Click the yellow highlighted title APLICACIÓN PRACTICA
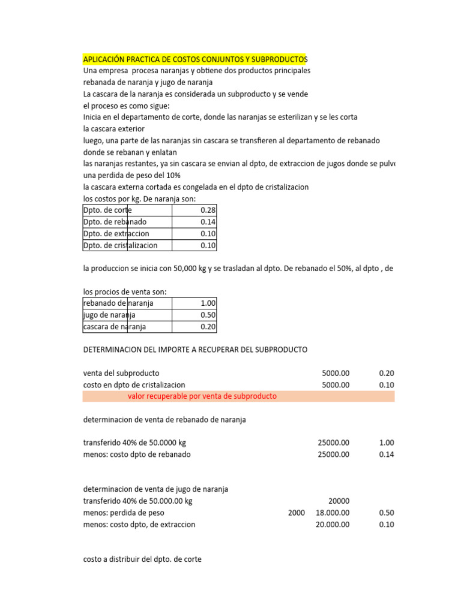194,59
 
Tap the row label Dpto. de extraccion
116,234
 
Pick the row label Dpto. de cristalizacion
120,245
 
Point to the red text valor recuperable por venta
202,396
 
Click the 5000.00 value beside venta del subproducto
336,373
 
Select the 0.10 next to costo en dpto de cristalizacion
387,385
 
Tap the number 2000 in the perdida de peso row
296,513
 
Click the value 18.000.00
333,513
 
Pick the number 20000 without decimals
339,501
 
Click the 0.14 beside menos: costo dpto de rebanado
387,455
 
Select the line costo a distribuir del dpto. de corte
142,559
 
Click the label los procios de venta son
125,292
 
